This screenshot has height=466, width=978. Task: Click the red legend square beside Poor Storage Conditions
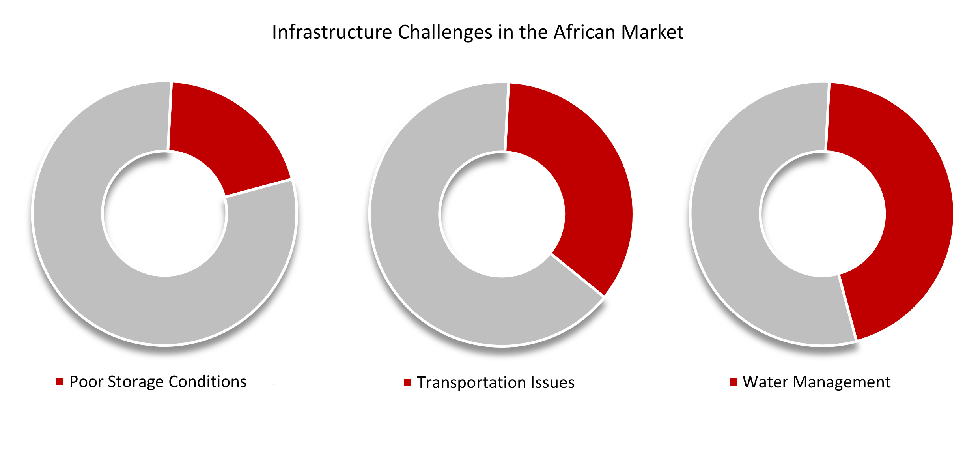point(60,382)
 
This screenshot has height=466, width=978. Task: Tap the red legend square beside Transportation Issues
point(407,382)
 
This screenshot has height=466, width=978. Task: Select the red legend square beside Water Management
point(733,382)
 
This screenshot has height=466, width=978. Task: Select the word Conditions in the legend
point(208,382)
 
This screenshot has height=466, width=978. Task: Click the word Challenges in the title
point(445,33)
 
